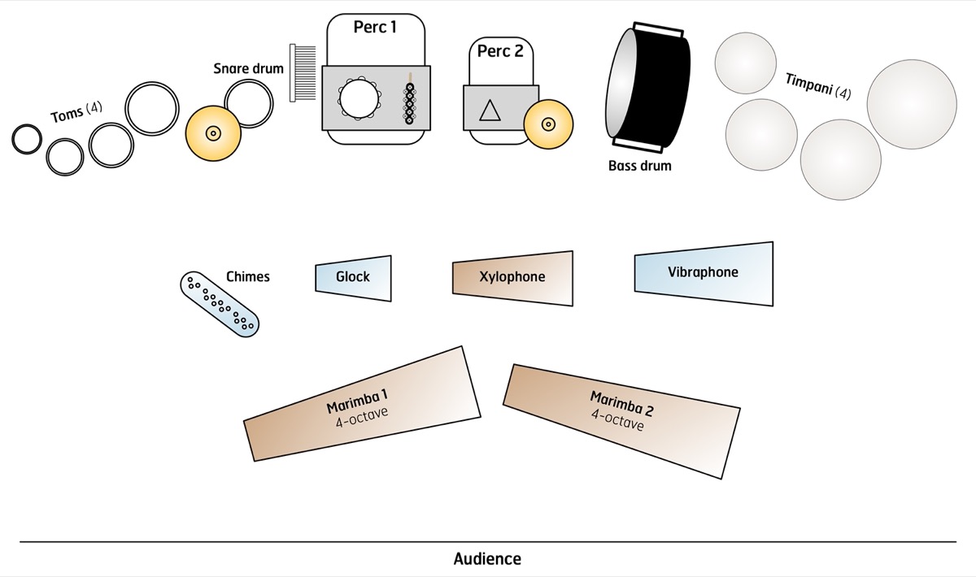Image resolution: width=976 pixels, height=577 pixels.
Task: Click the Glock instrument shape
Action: [353, 278]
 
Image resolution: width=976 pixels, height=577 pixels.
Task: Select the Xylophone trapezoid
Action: [513, 278]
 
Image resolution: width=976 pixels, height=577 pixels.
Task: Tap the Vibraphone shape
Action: [704, 274]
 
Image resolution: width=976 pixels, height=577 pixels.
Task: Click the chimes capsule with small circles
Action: [220, 304]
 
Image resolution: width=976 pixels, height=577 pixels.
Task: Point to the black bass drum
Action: [647, 87]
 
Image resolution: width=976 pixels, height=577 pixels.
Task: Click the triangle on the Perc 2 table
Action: [490, 111]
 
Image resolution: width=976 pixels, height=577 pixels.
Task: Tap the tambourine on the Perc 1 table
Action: [359, 98]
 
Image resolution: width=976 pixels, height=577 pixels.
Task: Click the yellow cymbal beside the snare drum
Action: [213, 133]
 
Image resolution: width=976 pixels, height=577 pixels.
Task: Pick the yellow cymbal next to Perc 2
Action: [548, 124]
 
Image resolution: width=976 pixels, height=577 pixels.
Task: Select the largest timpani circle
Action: [912, 104]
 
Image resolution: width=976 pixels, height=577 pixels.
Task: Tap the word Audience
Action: [487, 558]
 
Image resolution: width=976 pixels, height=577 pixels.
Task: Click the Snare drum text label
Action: [248, 68]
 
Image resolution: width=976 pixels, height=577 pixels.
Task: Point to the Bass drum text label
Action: [639, 166]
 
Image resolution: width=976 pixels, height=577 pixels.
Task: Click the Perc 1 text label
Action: [375, 27]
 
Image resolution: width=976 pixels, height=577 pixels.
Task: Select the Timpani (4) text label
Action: [818, 86]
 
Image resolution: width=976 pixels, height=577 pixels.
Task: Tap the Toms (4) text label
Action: [76, 112]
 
